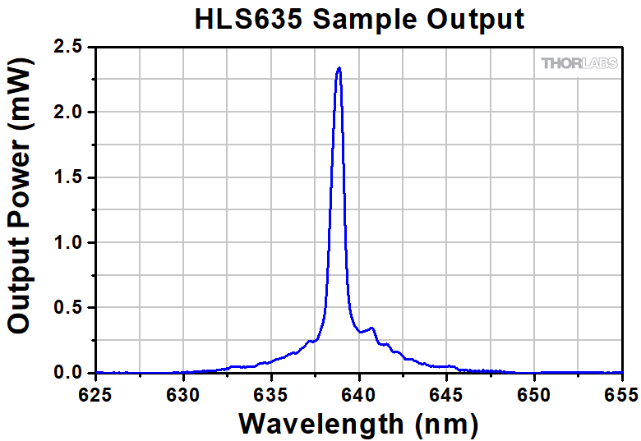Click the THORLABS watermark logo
tap(579, 63)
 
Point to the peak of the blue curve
tap(339, 69)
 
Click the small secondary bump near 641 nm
tap(372, 328)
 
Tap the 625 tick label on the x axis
tap(97, 393)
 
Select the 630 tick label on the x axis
tap(184, 393)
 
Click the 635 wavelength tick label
tap(272, 393)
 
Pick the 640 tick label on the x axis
tap(359, 393)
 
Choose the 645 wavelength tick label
tap(446, 393)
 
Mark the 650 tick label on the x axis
tap(534, 393)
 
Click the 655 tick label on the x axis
tap(620, 393)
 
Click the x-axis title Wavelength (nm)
tap(358, 424)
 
